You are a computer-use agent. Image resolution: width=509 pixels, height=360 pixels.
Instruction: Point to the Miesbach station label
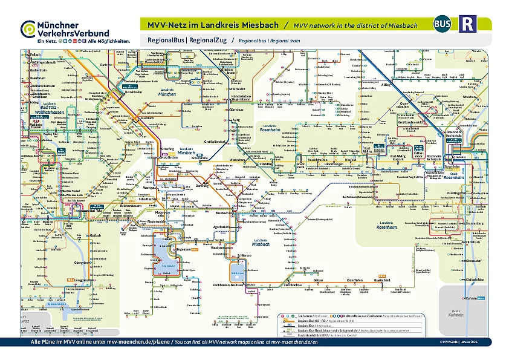(x=224, y=213)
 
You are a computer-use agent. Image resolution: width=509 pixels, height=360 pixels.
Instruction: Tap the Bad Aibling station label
(x=369, y=148)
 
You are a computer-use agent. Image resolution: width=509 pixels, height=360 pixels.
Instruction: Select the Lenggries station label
(x=81, y=280)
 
